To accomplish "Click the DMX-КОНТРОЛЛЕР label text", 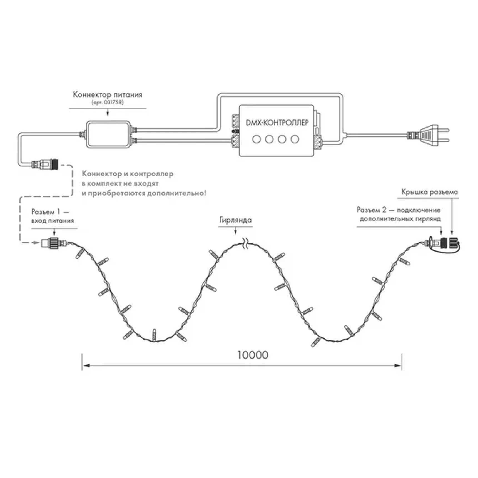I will (x=277, y=123).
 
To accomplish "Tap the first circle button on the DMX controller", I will (x=256, y=139).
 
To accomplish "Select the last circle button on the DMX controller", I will (x=295, y=139).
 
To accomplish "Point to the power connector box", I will (x=108, y=134).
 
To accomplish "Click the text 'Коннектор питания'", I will (x=108, y=95).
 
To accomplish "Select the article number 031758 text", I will (x=108, y=103).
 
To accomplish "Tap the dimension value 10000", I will (x=253, y=355).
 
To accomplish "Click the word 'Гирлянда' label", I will (x=235, y=220).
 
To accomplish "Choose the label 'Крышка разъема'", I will (x=429, y=192).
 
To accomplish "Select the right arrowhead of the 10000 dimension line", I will (x=398, y=365).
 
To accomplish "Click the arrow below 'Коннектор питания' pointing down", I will (x=108, y=112).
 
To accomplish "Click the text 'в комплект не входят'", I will (x=120, y=184).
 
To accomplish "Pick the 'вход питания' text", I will (x=53, y=221).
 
